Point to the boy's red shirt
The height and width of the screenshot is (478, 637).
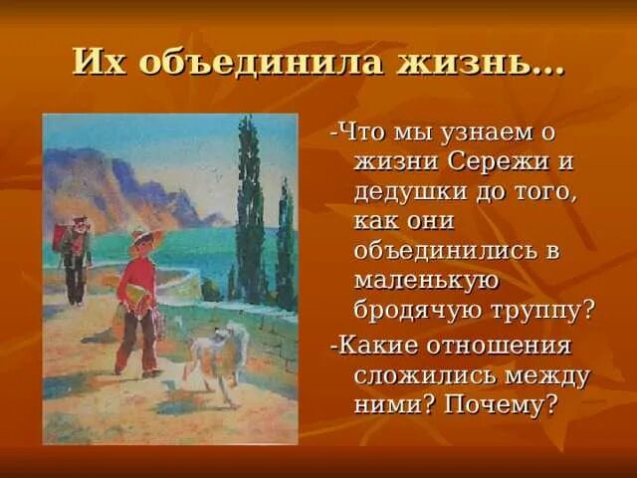tap(136, 284)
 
